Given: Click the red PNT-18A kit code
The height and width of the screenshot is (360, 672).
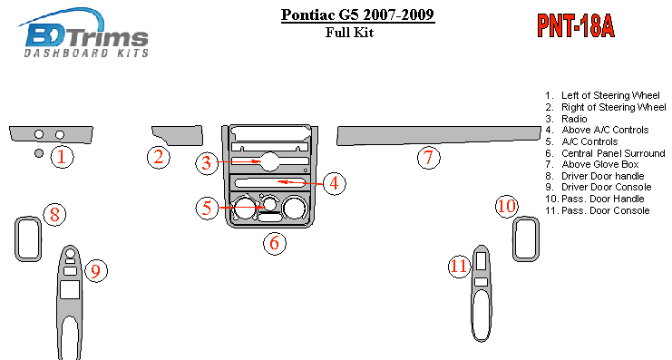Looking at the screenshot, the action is [x=576, y=26].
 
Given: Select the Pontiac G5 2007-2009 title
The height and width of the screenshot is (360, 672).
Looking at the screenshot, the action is [x=358, y=15].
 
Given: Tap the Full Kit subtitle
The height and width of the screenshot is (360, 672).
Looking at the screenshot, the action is [x=349, y=32].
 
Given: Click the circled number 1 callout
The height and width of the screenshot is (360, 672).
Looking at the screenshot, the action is [x=63, y=157].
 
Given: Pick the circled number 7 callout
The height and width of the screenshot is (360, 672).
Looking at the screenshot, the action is [x=429, y=157].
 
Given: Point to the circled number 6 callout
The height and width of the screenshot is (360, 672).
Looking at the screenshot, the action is [x=274, y=243].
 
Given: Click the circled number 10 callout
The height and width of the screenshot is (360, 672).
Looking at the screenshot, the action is [x=507, y=206].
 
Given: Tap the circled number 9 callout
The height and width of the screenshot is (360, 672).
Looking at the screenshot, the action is [x=96, y=271].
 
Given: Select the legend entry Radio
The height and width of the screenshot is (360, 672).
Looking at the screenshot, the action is [x=566, y=119].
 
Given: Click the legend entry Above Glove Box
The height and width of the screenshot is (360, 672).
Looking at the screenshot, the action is [x=592, y=164].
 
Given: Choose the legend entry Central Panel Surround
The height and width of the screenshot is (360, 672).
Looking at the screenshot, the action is [x=605, y=153].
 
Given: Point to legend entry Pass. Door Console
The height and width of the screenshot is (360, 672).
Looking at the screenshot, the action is [x=598, y=210].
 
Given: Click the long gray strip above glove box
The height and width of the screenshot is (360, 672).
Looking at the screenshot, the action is [x=438, y=134].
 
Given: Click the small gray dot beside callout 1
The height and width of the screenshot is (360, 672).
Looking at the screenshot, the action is [x=39, y=153].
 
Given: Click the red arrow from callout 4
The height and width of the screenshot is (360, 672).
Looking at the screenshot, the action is [x=300, y=182].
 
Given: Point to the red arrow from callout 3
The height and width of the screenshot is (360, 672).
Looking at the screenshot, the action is [x=239, y=161].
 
